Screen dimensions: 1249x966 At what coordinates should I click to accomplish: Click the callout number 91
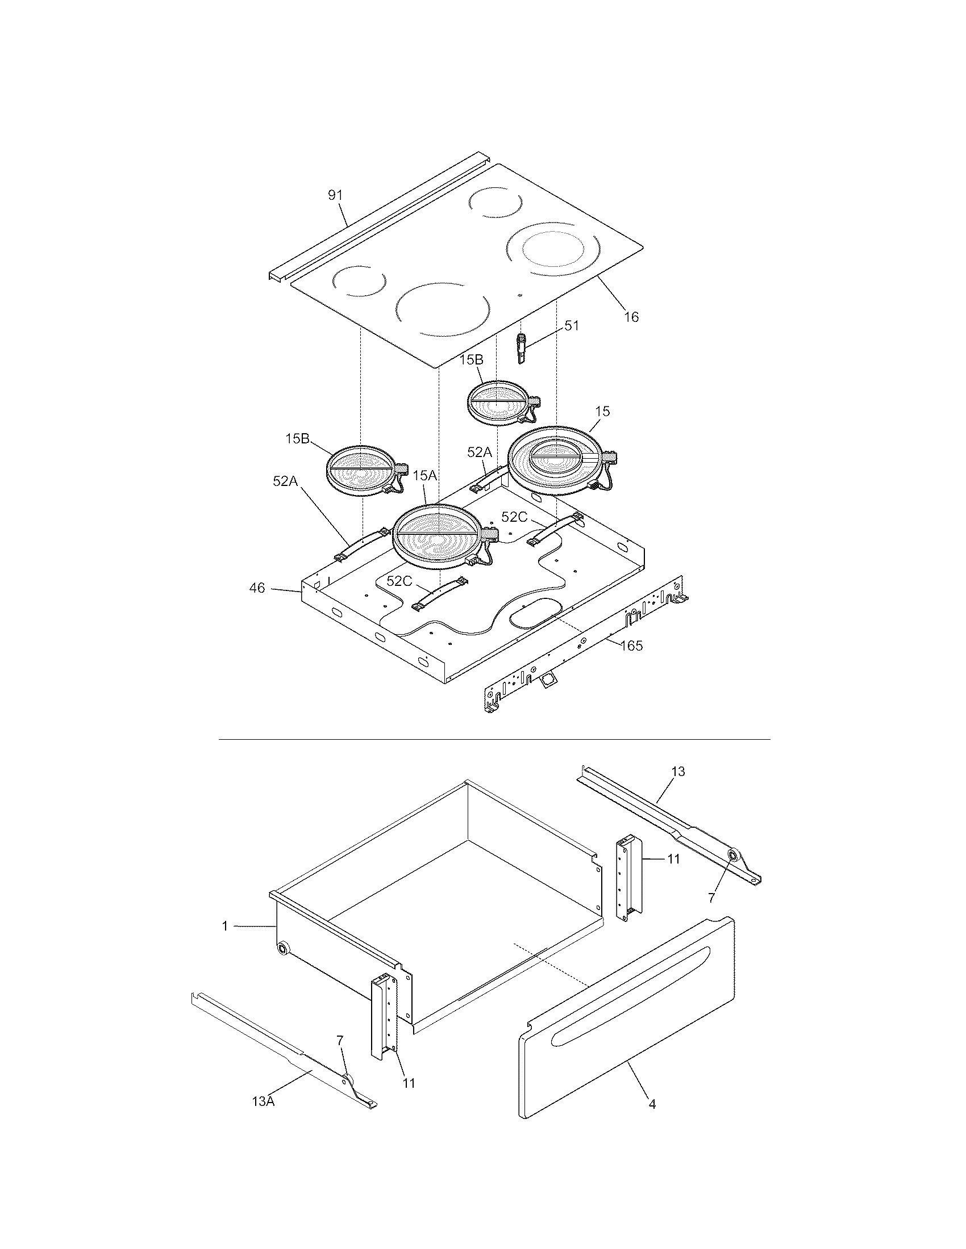point(335,195)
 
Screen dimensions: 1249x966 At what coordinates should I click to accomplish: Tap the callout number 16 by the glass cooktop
point(631,317)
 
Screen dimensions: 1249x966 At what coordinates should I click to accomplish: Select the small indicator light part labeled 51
point(522,348)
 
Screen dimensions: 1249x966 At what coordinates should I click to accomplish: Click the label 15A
point(424,475)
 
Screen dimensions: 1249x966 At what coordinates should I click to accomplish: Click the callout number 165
point(631,646)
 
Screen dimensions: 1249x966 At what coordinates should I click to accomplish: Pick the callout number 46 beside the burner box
point(257,588)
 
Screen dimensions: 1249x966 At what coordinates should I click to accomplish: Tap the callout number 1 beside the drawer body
point(226,926)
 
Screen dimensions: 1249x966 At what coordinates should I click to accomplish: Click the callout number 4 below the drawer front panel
point(652,1104)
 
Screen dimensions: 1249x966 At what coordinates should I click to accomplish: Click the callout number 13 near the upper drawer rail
point(677,772)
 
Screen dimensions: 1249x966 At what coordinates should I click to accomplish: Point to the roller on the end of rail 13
point(732,871)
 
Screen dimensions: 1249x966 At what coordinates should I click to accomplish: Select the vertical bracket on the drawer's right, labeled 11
point(630,881)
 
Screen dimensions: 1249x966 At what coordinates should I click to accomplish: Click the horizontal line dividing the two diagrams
point(494,739)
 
